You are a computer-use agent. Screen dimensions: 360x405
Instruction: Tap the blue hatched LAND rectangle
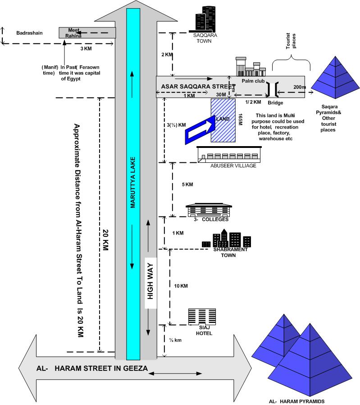(x=223, y=120)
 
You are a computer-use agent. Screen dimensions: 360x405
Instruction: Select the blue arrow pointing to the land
(x=200, y=129)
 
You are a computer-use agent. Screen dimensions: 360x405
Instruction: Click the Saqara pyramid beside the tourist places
(x=335, y=78)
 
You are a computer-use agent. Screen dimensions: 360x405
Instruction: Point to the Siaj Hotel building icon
(x=202, y=317)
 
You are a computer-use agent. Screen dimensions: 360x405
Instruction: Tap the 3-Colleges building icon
(x=209, y=210)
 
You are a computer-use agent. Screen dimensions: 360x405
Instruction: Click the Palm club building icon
(x=251, y=67)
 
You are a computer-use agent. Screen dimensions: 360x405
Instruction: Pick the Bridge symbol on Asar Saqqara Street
(x=273, y=89)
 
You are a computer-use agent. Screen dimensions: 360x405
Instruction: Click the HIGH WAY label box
(x=150, y=283)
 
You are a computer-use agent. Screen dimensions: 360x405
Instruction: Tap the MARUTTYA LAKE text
(x=132, y=182)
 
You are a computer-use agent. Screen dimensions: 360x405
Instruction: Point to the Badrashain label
(x=29, y=33)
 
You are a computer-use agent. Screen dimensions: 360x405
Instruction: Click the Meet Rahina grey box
(x=87, y=33)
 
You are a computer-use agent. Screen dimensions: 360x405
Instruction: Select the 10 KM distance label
(x=181, y=286)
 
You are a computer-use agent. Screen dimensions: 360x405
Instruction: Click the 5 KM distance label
(x=187, y=184)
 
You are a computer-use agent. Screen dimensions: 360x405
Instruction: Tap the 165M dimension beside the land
(x=240, y=120)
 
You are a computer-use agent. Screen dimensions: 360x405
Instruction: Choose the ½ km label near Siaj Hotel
(x=175, y=340)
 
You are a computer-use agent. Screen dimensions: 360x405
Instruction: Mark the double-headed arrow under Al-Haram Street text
(x=175, y=373)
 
